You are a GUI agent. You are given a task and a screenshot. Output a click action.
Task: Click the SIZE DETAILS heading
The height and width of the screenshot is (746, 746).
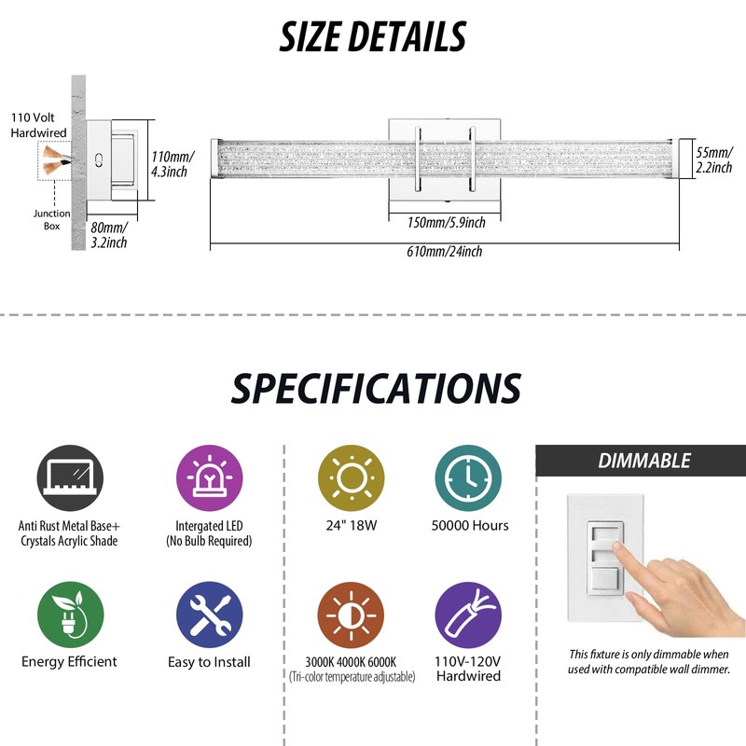(372, 36)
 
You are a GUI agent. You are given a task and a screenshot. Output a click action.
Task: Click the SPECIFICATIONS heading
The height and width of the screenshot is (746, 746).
(376, 388)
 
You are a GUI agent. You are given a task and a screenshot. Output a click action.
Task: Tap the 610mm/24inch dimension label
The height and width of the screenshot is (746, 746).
(445, 251)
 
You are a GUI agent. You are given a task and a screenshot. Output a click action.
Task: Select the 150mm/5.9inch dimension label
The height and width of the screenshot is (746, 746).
(447, 222)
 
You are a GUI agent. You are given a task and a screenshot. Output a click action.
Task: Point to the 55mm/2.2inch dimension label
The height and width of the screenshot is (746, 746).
(714, 159)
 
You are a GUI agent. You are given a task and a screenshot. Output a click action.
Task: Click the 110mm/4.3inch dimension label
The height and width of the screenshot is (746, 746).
(173, 164)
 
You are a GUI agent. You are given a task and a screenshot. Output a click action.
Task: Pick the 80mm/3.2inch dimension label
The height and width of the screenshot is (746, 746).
(109, 235)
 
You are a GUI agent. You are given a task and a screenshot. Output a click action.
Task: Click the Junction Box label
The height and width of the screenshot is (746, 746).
(52, 220)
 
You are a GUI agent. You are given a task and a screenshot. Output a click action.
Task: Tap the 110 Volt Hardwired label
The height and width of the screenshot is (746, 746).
(38, 125)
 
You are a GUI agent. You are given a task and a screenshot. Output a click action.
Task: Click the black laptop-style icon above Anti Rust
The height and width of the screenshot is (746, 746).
(70, 478)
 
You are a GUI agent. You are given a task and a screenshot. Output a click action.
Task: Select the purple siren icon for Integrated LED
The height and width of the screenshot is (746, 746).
(209, 478)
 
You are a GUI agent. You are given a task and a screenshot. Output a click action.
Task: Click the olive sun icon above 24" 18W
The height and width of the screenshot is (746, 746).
(352, 478)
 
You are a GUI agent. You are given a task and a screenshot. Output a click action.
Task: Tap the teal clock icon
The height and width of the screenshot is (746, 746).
(468, 478)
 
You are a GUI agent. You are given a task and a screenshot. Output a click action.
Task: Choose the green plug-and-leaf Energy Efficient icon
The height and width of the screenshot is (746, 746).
(71, 615)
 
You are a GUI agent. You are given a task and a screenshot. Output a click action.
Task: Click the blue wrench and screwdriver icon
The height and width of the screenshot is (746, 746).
(209, 615)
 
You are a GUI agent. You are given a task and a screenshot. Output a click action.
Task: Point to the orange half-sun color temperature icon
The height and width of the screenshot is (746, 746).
(352, 615)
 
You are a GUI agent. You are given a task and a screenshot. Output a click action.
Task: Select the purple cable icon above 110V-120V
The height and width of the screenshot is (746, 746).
(468, 615)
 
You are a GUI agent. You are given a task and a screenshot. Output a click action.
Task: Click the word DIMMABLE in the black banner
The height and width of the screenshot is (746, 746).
(644, 461)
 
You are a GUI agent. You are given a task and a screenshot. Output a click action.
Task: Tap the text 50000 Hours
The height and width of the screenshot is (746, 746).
(470, 525)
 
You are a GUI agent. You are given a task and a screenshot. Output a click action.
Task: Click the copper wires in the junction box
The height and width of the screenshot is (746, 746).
(56, 160)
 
